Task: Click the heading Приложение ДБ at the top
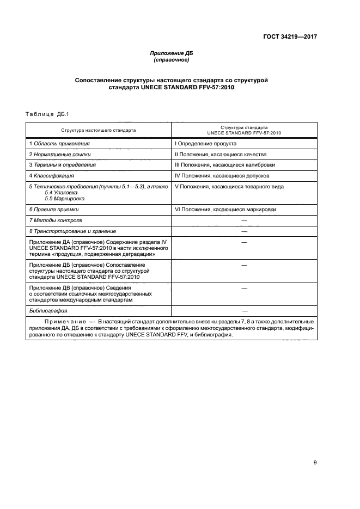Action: coord(172,53)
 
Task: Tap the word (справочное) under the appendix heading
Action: coord(172,60)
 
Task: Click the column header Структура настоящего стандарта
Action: coord(99,131)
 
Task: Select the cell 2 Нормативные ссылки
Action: coord(60,154)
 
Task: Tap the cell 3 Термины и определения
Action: coord(63,165)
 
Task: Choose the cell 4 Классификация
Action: coord(52,176)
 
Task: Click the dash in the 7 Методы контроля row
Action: coord(243,220)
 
